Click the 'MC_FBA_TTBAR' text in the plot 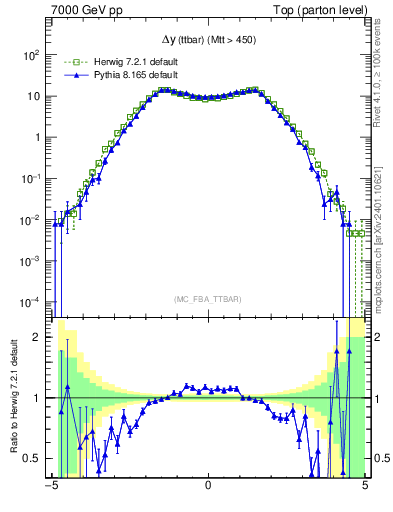[x=208, y=297]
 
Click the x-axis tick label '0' [x=208, y=487]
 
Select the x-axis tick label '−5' [x=50, y=487]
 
